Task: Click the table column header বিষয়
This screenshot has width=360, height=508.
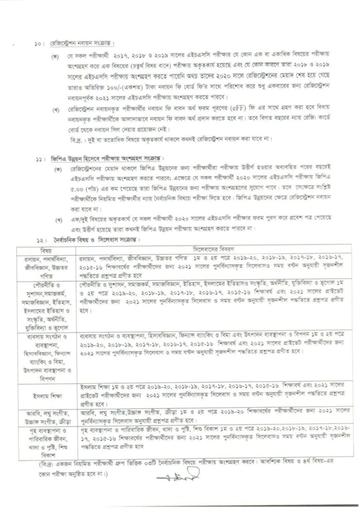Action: click(x=46, y=249)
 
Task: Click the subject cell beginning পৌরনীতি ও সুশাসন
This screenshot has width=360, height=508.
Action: click(x=46, y=305)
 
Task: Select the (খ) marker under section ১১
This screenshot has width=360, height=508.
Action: click(x=59, y=220)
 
